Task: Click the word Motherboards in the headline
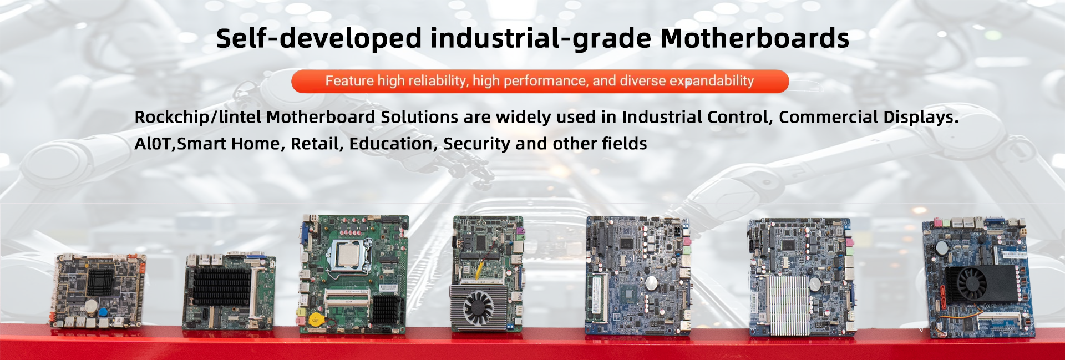[x=754, y=38]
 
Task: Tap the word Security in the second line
[x=476, y=144]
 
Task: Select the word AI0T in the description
[x=153, y=144]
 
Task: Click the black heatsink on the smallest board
[x=100, y=281]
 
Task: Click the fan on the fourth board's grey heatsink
[x=478, y=307]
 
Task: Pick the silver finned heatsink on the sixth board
[x=788, y=305]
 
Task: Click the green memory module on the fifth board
[x=599, y=297]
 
